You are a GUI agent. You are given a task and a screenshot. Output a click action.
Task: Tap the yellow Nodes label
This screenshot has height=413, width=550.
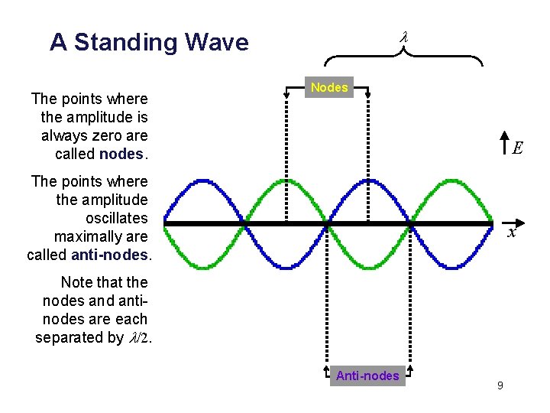[x=329, y=87]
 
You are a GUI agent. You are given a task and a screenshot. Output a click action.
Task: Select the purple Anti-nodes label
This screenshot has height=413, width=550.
[x=367, y=376]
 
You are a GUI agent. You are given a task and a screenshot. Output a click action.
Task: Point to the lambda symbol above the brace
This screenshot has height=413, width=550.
[x=405, y=37]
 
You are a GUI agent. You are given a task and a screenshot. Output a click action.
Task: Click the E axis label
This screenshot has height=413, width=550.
[x=518, y=148]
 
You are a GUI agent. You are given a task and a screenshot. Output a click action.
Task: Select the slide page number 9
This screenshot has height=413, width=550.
[x=500, y=385]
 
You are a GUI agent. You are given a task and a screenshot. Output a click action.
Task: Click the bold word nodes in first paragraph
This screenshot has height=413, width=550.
[x=121, y=154]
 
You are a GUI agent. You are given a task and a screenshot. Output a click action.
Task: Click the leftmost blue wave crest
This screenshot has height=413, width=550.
[x=202, y=181]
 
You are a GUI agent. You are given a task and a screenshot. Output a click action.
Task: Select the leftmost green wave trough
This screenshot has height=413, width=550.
[x=202, y=266]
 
